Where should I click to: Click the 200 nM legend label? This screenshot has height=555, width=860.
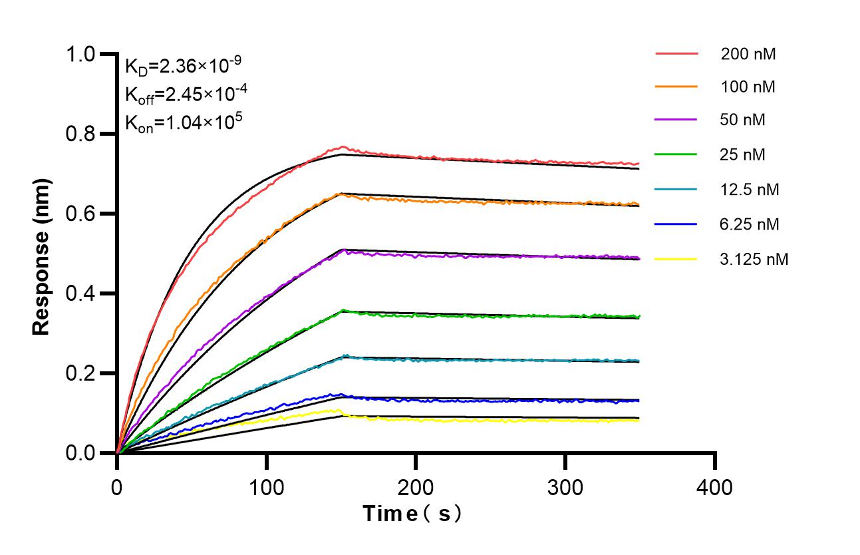(x=748, y=54)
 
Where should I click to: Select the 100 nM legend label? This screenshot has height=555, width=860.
(x=748, y=87)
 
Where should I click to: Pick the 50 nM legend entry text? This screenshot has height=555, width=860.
(x=743, y=120)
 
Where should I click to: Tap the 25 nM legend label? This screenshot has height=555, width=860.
(x=743, y=155)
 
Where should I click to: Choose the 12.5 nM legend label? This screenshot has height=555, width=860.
(x=750, y=190)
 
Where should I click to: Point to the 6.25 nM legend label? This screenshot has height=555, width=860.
(x=750, y=224)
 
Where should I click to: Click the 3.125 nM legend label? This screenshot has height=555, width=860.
(x=754, y=259)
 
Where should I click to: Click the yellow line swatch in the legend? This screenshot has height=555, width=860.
(x=676, y=259)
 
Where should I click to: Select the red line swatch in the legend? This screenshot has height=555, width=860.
(x=676, y=53)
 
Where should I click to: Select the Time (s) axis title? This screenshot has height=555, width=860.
(x=412, y=514)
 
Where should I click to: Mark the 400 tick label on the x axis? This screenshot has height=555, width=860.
(x=715, y=488)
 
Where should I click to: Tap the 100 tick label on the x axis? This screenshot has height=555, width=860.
(x=266, y=488)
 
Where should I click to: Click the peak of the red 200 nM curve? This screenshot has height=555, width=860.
(x=343, y=146)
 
